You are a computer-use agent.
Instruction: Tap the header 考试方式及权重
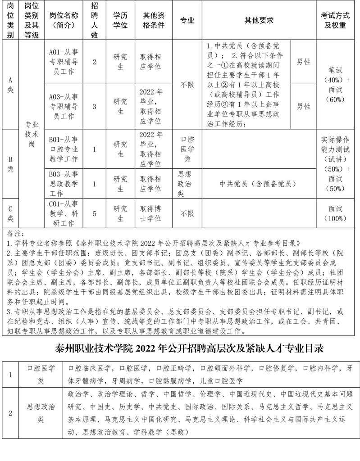335,20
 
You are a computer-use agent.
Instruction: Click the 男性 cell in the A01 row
303,62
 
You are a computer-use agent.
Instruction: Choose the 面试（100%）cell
335,213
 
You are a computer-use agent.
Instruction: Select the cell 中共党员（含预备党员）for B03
258,184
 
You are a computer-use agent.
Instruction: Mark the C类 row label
10,213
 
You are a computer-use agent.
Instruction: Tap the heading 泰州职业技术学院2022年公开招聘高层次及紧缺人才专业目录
180,348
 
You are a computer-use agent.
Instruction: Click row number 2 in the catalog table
10,413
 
